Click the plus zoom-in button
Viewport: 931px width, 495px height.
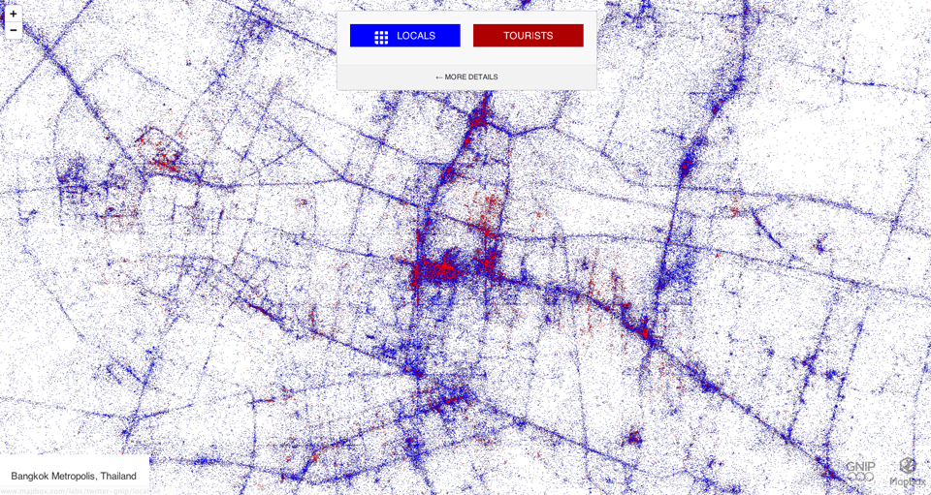click(x=13, y=15)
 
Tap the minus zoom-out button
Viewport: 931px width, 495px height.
click(x=13, y=30)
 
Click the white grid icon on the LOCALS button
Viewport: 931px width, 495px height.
click(x=381, y=37)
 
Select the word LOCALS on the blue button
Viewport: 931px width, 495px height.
click(x=416, y=36)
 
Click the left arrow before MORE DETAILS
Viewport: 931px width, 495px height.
click(x=438, y=77)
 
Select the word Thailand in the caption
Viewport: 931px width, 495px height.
click(x=118, y=477)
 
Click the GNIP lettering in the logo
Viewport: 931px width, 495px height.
click(x=859, y=466)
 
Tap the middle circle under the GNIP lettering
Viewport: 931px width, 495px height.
click(x=859, y=477)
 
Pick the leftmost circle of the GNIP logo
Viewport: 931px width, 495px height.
click(x=850, y=477)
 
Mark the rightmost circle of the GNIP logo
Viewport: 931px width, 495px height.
click(x=870, y=477)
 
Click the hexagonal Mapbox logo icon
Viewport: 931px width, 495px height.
click(x=908, y=466)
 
